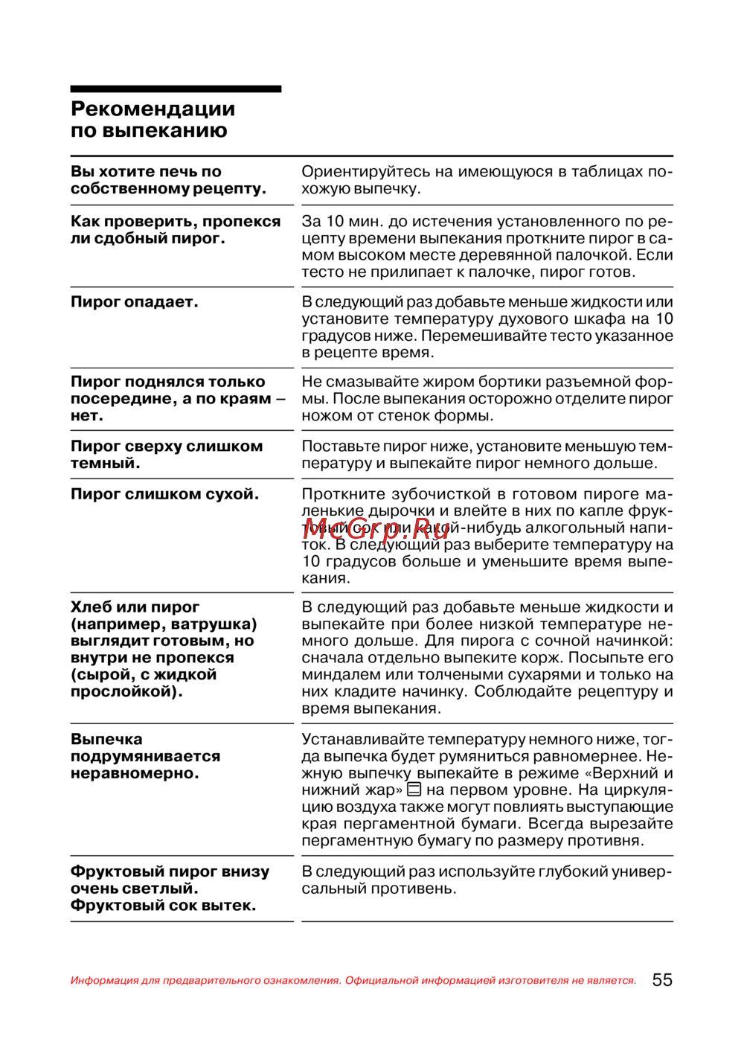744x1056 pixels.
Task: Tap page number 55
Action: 661,980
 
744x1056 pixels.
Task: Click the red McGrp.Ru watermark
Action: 376,528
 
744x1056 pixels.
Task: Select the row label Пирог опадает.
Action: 134,302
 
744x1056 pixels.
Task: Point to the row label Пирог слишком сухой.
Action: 164,494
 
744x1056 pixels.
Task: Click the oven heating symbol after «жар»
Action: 414,790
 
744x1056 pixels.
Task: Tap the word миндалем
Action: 340,675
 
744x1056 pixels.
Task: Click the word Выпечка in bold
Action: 106,740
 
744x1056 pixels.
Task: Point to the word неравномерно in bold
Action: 135,773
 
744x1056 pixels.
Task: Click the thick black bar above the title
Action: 176,89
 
